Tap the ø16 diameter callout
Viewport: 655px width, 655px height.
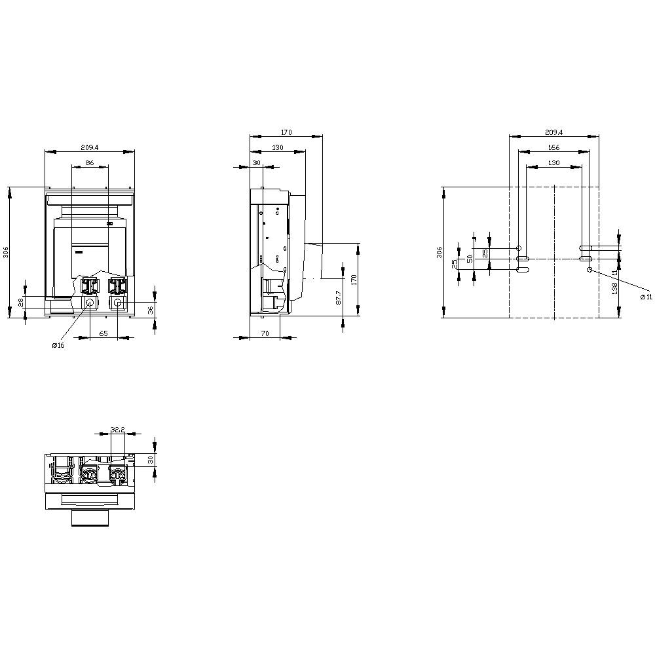click(58, 346)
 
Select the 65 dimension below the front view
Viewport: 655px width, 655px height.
click(103, 333)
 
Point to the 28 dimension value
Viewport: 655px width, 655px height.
click(20, 302)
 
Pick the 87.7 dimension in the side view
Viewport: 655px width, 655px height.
click(338, 298)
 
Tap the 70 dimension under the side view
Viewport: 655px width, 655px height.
click(265, 333)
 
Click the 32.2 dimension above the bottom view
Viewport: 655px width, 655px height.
click(118, 430)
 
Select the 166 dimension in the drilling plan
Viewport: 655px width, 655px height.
click(553, 147)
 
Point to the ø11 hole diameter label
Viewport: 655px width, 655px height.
click(646, 297)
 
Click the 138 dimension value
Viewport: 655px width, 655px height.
click(614, 293)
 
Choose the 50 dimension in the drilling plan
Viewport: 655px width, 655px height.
click(470, 259)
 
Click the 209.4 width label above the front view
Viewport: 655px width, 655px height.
click(89, 147)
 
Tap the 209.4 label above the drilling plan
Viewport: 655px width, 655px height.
click(554, 132)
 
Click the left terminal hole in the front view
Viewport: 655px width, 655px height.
click(90, 303)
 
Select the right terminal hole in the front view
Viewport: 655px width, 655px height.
click(118, 303)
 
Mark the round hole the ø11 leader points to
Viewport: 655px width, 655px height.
click(589, 269)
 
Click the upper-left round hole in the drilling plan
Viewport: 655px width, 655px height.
click(519, 249)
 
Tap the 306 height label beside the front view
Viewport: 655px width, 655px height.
click(5, 252)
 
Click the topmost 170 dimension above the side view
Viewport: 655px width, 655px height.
click(286, 132)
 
